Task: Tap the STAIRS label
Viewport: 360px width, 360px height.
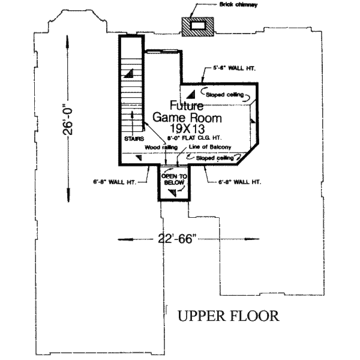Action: point(134,139)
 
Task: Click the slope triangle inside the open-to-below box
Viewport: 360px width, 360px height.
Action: point(173,191)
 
